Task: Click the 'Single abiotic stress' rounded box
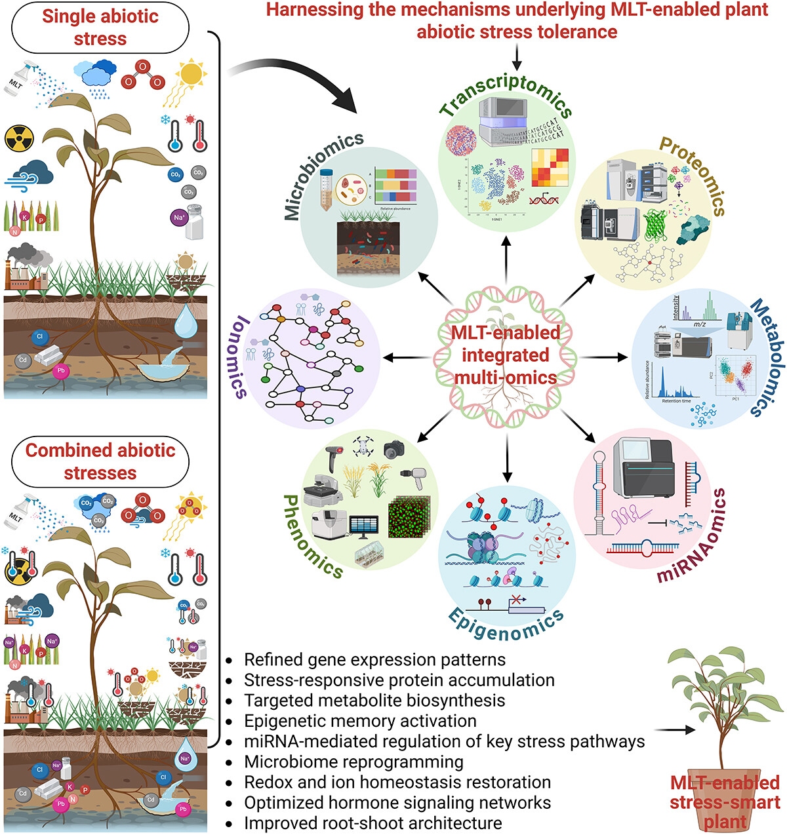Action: [x=100, y=27]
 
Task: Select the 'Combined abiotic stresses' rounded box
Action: [x=100, y=461]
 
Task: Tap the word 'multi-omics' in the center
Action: [x=506, y=378]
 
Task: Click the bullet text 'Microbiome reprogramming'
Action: [x=353, y=762]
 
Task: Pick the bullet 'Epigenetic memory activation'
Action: [x=360, y=721]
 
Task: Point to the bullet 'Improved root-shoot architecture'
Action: [x=373, y=823]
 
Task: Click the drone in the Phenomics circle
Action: [x=362, y=446]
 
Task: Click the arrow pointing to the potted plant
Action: [x=675, y=729]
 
